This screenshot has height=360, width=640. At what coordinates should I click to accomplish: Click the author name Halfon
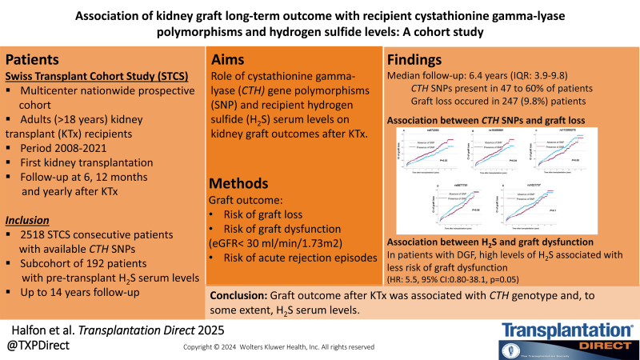[30, 330]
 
